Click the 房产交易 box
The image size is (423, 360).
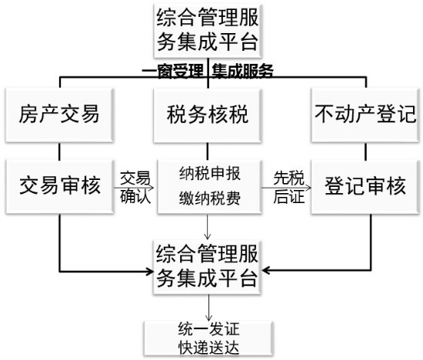click(59, 115)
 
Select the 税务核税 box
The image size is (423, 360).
click(207, 115)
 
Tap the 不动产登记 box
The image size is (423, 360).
click(365, 115)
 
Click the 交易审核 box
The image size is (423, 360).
click(60, 186)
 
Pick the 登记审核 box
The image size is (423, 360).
click(365, 187)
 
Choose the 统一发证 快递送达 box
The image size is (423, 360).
click(208, 338)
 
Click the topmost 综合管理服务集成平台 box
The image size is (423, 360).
click(207, 30)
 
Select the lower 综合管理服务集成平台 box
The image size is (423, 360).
click(207, 267)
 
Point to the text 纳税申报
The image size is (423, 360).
click(210, 174)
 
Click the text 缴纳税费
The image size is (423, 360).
click(210, 198)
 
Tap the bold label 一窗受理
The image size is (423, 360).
click(172, 72)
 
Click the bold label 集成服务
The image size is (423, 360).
click(242, 72)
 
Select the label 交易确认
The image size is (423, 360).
click(135, 187)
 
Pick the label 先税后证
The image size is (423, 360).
click(288, 187)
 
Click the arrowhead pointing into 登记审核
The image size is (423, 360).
click(308, 188)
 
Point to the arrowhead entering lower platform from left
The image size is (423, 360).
click(150, 271)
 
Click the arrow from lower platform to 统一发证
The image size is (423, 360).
click(208, 308)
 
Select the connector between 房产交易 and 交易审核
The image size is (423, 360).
click(59, 151)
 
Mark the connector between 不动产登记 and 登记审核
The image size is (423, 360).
click(366, 152)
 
